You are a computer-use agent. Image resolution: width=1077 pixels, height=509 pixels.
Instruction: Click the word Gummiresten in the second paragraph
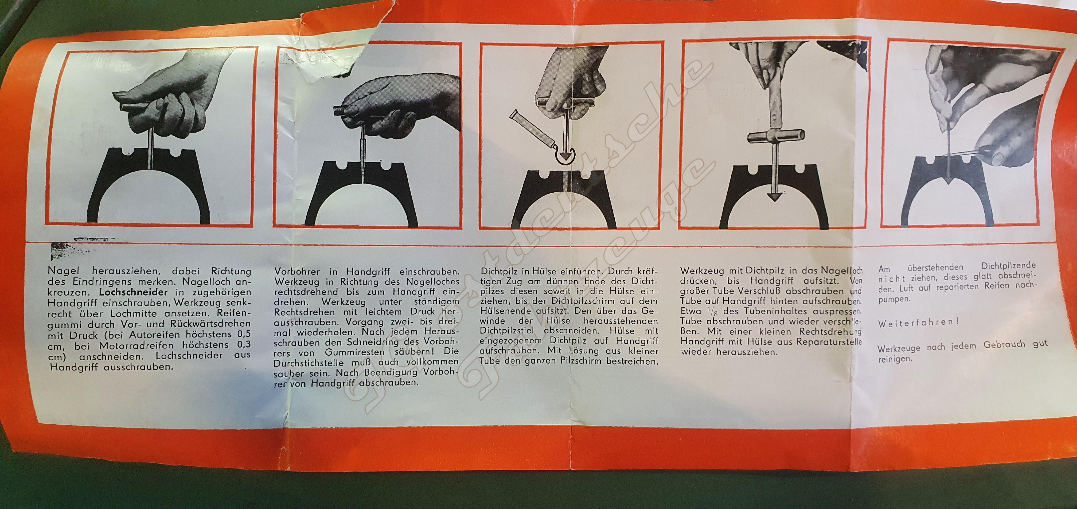[x=339, y=352]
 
